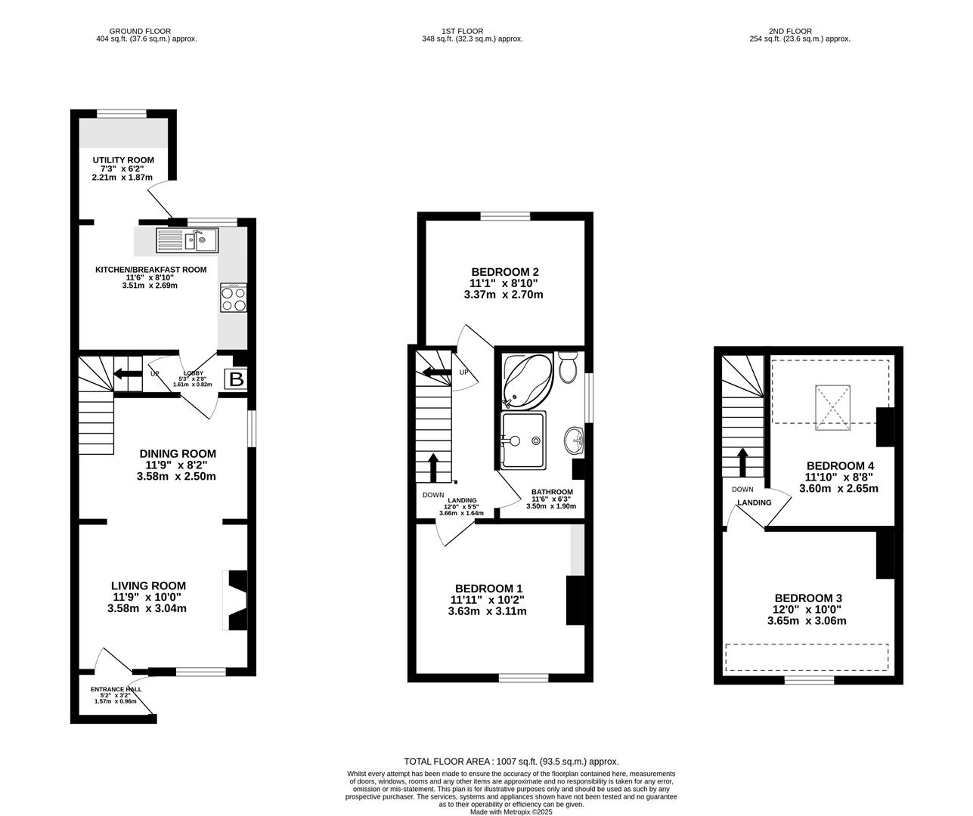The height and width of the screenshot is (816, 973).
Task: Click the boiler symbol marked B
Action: pos(236,379)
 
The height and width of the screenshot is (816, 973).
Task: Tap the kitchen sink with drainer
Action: pos(187,240)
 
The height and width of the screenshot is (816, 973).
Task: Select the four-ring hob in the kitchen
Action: pos(233,297)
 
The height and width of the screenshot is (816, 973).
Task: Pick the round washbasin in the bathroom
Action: pos(575,440)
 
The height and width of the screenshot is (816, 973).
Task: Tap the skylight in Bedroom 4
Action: pos(833,407)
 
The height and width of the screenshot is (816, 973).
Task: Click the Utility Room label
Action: pos(123,160)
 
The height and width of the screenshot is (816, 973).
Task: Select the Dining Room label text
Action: pos(178,454)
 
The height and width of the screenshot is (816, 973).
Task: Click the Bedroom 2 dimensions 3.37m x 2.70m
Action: pos(504,295)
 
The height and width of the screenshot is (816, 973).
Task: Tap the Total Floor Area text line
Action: pos(511,762)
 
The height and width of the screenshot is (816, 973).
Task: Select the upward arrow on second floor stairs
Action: pos(742,462)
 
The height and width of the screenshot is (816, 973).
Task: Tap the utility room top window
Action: pos(121,113)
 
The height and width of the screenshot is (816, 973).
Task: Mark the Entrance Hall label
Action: pos(116,689)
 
